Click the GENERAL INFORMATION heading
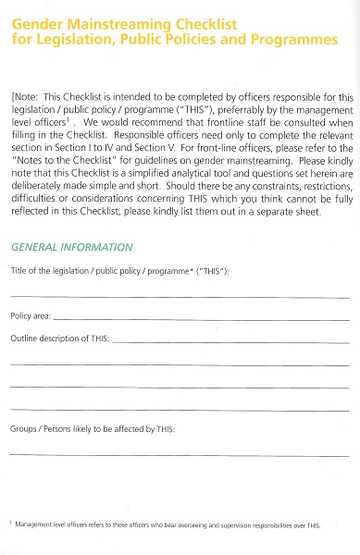71,247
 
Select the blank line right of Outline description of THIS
231,342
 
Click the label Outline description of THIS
60,339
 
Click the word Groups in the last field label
23,430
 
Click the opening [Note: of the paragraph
26,95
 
